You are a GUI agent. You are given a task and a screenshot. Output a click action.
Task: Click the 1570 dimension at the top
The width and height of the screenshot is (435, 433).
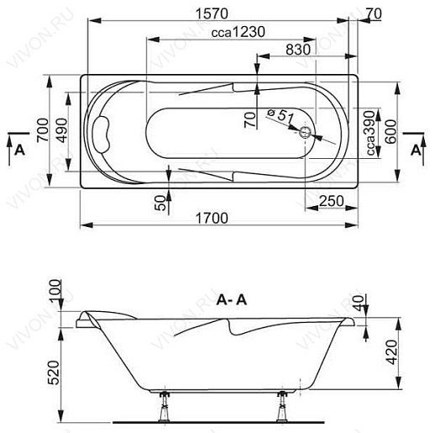(212, 13)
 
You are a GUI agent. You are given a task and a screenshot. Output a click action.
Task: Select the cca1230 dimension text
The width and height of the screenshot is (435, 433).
(238, 32)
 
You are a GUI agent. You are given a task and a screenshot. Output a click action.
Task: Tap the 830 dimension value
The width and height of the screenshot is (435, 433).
(298, 50)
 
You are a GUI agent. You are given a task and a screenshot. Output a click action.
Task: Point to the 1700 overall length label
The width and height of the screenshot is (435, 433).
(212, 219)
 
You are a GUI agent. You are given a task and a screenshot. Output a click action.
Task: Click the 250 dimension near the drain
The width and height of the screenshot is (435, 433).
(332, 201)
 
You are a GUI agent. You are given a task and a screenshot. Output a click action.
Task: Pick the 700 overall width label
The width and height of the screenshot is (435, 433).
(43, 130)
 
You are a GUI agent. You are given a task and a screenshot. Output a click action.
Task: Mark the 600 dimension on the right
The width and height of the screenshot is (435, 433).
(390, 131)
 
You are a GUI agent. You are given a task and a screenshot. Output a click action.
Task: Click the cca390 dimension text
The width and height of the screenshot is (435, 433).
(370, 133)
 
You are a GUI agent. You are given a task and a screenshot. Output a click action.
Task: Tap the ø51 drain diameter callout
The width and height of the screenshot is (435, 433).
(280, 115)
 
